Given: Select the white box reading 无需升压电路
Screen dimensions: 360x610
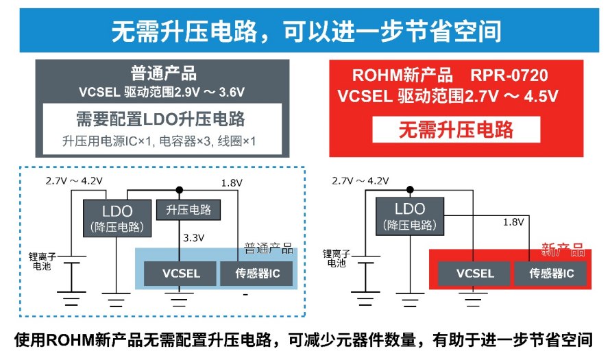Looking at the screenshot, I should pyautogui.click(x=456, y=129).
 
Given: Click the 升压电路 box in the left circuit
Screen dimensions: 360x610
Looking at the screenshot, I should pyautogui.click(x=188, y=210).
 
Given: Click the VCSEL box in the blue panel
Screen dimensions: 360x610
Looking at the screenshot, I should pyautogui.click(x=181, y=274).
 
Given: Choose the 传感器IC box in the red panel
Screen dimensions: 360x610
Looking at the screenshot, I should pyautogui.click(x=551, y=274).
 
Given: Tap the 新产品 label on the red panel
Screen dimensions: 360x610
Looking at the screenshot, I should pyautogui.click(x=562, y=247).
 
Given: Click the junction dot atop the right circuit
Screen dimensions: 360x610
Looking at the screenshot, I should pyautogui.click(x=410, y=189).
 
